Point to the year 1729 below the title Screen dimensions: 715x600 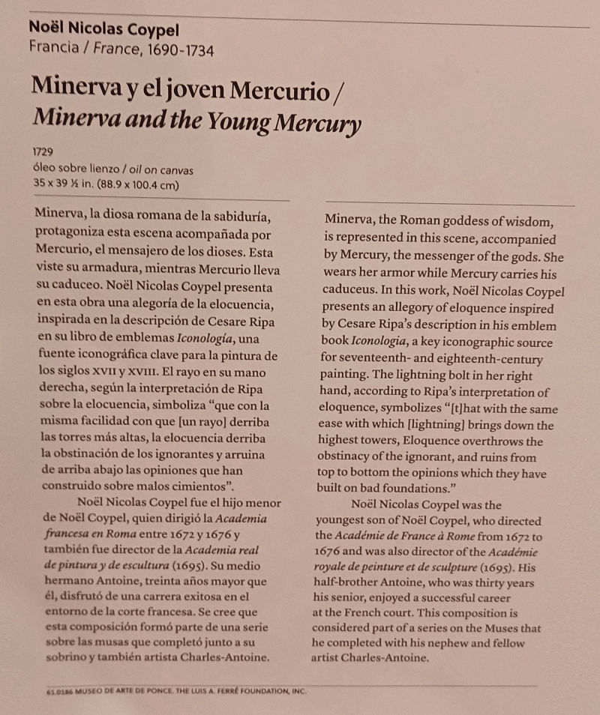pos(43,151)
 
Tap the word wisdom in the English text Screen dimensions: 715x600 pos(531,222)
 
